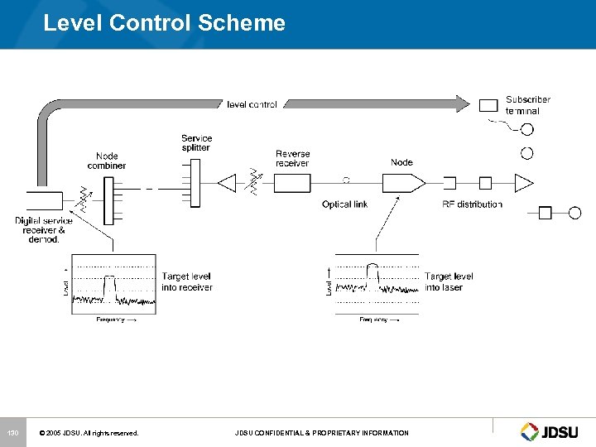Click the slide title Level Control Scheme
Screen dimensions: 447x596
[x=164, y=22]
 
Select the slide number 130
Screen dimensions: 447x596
[x=12, y=433]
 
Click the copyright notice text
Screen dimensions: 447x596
[x=89, y=433]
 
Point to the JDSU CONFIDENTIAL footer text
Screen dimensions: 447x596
[x=321, y=433]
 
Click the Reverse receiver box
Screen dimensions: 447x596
[x=292, y=182]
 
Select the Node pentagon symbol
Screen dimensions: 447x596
[x=404, y=182]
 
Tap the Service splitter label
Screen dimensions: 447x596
[x=196, y=142]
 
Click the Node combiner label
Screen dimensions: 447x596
[x=107, y=161]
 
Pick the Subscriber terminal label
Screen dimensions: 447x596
[x=528, y=105]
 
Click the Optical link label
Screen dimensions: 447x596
[x=344, y=204]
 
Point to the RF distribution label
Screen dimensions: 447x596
[x=472, y=204]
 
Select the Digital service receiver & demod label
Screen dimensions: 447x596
[x=44, y=229]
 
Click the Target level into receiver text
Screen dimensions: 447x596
[x=187, y=281]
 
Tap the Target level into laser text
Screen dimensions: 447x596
[x=449, y=281]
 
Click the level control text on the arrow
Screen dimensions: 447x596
[x=252, y=104]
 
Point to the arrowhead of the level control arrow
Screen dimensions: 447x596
[x=461, y=103]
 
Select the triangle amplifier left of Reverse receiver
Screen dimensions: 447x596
[x=227, y=182]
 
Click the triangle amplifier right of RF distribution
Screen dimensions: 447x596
[x=523, y=182]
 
